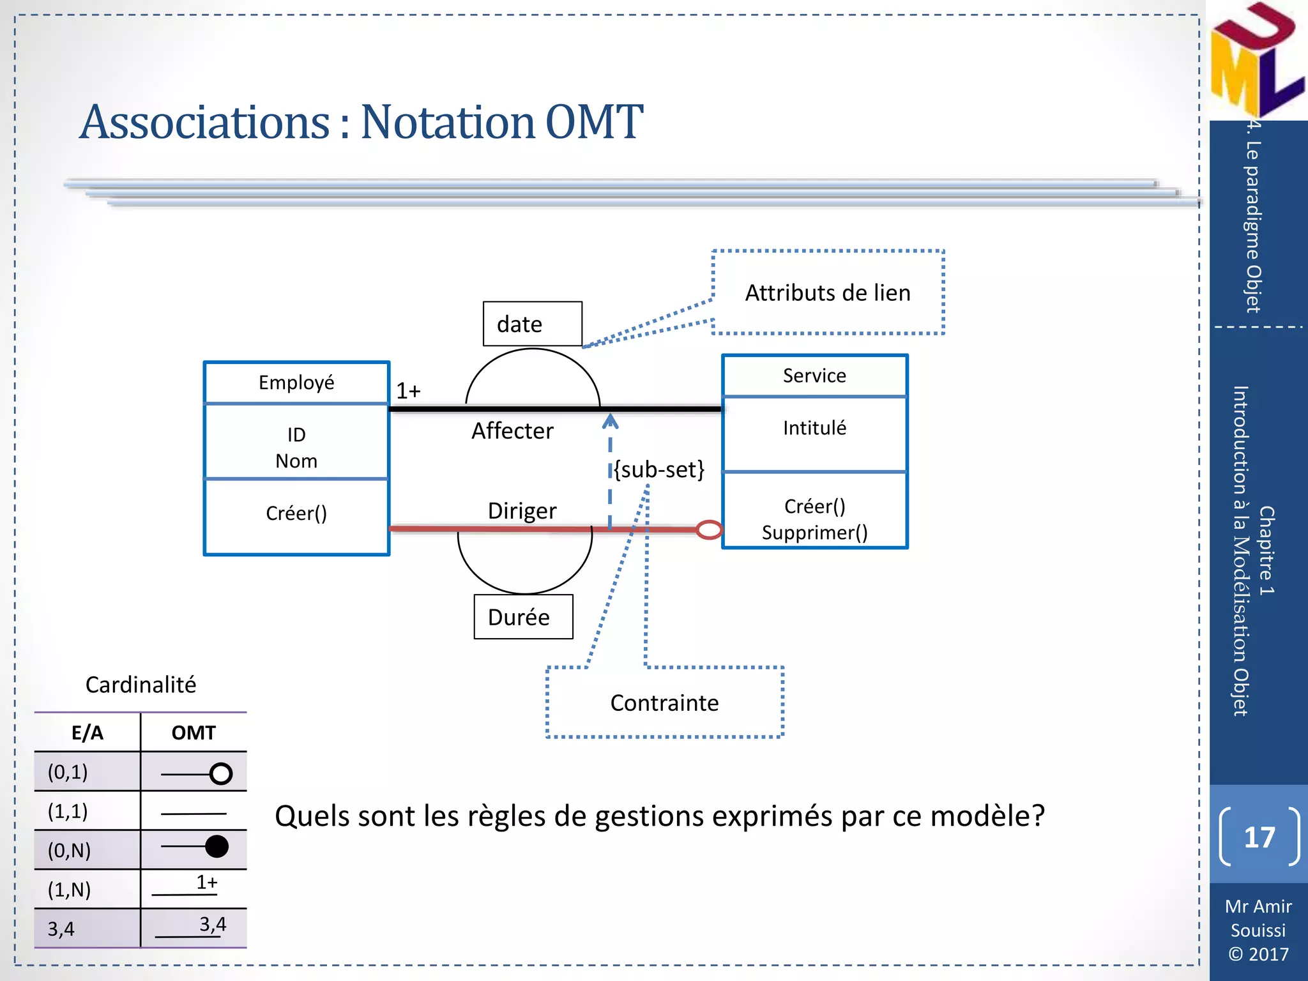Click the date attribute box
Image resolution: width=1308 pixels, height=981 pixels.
coord(532,324)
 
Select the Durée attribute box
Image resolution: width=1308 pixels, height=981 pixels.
coord(523,617)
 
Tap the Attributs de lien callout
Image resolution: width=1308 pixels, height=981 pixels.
coord(828,293)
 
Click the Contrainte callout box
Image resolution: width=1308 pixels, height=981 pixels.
coord(664,703)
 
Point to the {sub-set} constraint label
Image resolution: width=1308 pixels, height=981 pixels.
coord(659,469)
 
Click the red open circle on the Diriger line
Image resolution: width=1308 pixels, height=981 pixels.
coord(709,529)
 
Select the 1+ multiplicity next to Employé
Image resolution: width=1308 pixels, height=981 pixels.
coord(408,390)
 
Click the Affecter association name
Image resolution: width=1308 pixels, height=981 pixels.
coord(512,431)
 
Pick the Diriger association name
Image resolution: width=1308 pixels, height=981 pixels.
coord(522,511)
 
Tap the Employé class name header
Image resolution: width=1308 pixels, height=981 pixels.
coord(296,383)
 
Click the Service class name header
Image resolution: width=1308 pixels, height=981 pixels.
coord(814,376)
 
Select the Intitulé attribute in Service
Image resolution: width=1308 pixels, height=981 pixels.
coord(814,428)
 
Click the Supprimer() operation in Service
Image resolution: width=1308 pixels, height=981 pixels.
coord(814,533)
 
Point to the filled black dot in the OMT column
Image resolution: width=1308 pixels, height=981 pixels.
coord(217,847)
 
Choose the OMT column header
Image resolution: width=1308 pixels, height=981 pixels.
coord(194,733)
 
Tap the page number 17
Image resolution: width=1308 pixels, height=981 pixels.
coord(1259,837)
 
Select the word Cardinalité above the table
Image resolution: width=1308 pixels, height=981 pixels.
coord(141,685)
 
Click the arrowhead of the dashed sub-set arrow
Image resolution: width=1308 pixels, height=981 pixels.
coord(611,420)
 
